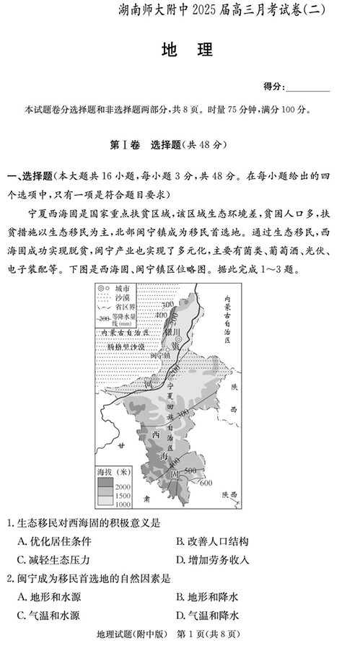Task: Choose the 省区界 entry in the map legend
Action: pos(128,307)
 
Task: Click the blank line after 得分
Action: pos(309,87)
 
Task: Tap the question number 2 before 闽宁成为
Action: pos(9,578)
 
